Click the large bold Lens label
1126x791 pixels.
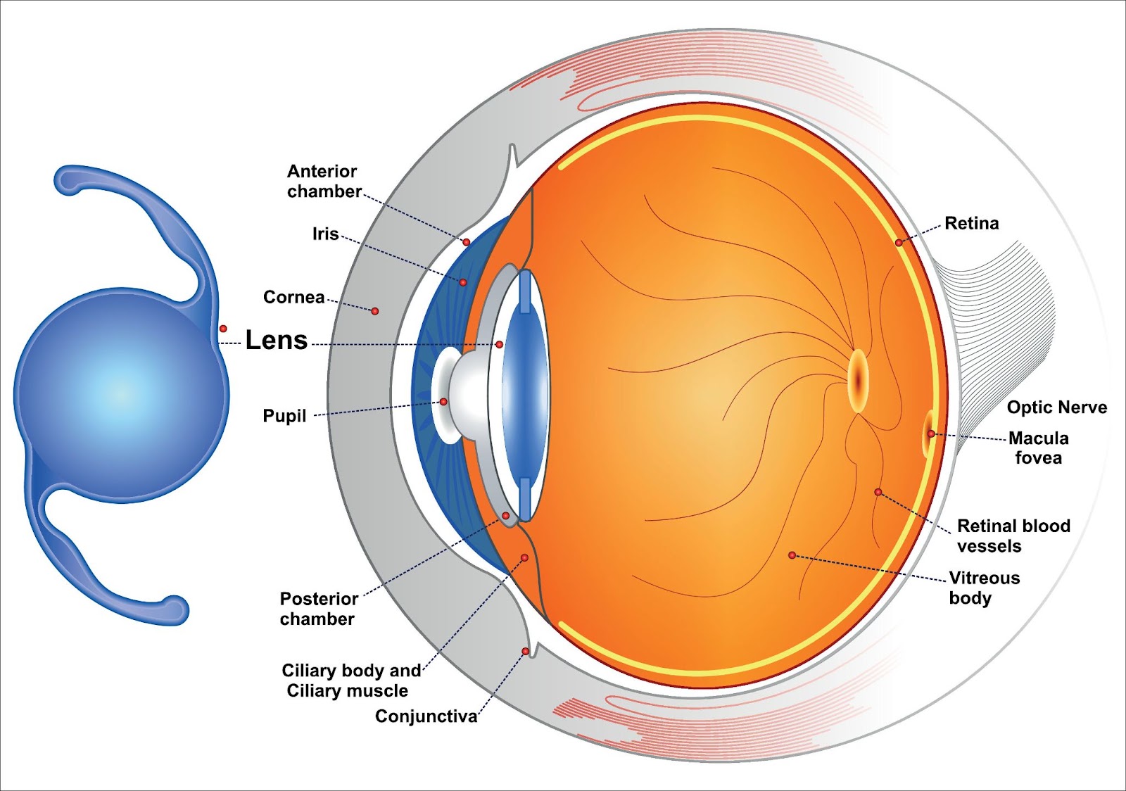[276, 340]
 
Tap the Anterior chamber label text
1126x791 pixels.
[324, 182]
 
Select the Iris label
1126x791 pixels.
[325, 234]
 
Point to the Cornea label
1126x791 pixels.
[294, 297]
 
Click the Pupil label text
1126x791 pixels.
[284, 416]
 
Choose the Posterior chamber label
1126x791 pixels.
[319, 609]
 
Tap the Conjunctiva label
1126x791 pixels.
[426, 716]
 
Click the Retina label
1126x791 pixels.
[972, 223]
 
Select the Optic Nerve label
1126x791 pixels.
[1056, 407]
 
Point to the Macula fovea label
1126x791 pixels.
[1039, 448]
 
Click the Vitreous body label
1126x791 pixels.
[985, 588]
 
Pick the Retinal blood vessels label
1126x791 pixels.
[1013, 536]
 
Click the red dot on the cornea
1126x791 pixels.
[374, 311]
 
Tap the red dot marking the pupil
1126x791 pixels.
[443, 402]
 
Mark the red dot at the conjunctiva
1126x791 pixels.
[525, 651]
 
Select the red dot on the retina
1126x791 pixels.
[899, 243]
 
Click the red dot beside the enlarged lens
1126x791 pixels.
[223, 328]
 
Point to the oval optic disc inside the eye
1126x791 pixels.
[858, 381]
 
